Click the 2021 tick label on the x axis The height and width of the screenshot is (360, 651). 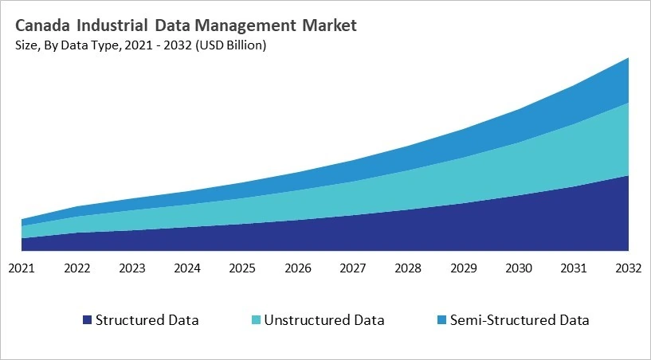(x=22, y=268)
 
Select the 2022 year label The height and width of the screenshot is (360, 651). (x=76, y=268)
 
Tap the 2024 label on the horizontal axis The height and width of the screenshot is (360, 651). (x=187, y=268)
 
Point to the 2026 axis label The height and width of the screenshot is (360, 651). (x=297, y=268)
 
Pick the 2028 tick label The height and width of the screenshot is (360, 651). (x=408, y=268)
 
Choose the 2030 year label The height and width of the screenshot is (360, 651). (x=519, y=268)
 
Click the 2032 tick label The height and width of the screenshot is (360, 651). (x=629, y=268)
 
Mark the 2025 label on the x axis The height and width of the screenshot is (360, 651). (x=242, y=268)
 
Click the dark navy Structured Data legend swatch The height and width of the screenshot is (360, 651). (x=87, y=321)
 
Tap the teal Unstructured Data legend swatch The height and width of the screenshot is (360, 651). (x=256, y=321)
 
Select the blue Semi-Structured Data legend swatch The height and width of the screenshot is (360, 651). (x=441, y=321)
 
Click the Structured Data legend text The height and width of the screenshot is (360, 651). (x=147, y=321)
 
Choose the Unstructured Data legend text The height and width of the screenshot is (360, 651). (x=324, y=321)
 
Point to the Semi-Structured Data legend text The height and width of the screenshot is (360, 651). (x=520, y=321)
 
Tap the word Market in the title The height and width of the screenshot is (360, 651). (x=328, y=25)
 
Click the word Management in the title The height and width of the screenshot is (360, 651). (x=245, y=25)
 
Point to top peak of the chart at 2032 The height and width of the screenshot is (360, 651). (x=629, y=58)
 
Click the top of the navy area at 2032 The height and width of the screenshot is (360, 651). (x=629, y=176)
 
